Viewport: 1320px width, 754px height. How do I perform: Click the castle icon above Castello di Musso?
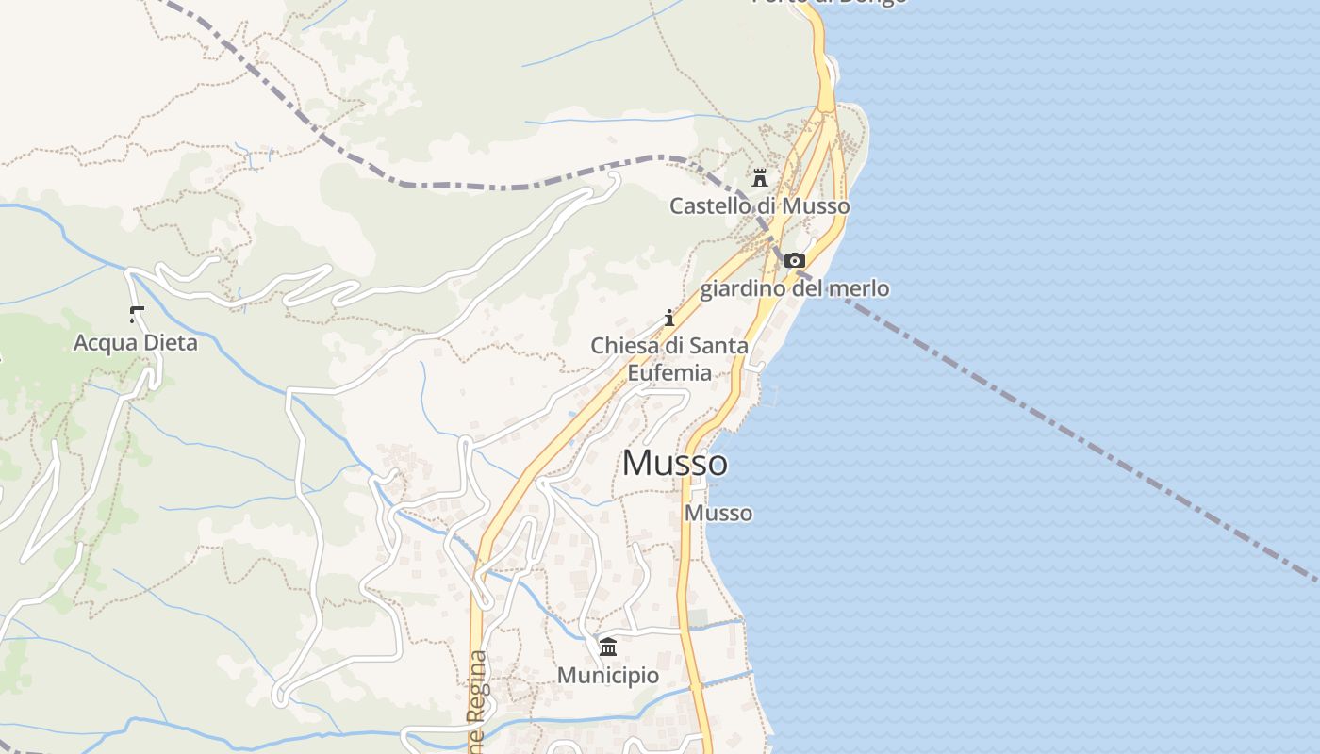[x=759, y=177]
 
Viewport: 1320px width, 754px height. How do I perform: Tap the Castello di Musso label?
[x=759, y=205]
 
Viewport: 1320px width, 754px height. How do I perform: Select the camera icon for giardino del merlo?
[x=795, y=261]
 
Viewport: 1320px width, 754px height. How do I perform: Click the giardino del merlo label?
[x=794, y=288]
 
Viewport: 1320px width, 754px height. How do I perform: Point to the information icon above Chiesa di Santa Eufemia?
[x=669, y=318]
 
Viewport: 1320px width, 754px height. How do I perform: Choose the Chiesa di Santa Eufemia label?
[x=669, y=359]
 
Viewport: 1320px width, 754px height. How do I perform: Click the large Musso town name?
[x=675, y=463]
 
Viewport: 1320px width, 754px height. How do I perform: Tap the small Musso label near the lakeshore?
[x=718, y=513]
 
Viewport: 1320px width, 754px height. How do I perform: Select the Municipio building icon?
[x=608, y=647]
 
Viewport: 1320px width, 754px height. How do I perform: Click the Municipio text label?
[x=608, y=675]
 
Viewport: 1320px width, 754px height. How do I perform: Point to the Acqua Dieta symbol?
[x=137, y=314]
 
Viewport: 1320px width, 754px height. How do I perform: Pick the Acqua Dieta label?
[x=136, y=342]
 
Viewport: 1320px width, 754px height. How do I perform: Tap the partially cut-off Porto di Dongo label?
[x=830, y=3]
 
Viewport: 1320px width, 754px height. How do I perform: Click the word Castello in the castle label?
[x=708, y=205]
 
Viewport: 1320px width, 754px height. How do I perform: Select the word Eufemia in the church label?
[x=669, y=372]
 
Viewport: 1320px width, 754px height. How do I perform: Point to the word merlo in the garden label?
[x=859, y=288]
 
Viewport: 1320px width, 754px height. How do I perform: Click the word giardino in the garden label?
[x=741, y=288]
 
